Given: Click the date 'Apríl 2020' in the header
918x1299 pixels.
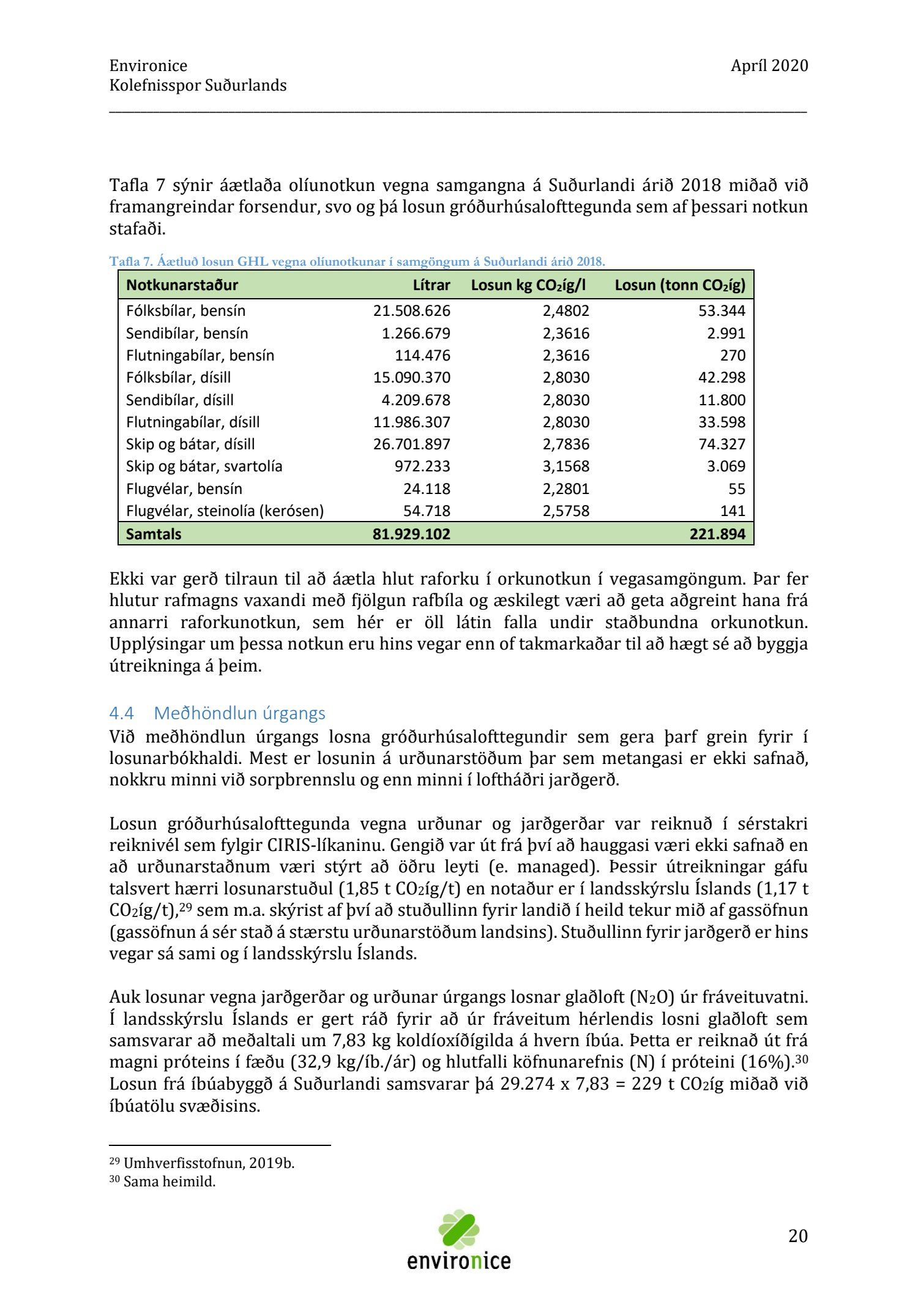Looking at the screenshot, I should tap(769, 66).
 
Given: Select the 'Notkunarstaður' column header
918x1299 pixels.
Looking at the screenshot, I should tap(182, 285).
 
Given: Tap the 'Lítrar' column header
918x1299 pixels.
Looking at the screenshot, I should tap(431, 285).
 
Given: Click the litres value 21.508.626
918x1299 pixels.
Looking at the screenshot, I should tap(411, 310).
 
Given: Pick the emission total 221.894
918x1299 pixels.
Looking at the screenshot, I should tap(717, 534).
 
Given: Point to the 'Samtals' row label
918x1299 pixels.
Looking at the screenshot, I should tap(154, 534).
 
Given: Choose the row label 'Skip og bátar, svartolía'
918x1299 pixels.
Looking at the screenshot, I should tap(204, 466).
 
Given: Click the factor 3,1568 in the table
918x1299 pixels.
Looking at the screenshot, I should tap(565, 466).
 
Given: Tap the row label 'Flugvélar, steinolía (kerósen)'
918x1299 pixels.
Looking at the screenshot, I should tap(225, 511).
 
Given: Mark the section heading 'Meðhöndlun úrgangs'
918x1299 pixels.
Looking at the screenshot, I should tap(239, 713).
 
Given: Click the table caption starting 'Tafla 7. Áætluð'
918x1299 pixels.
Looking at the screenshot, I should tap(357, 261).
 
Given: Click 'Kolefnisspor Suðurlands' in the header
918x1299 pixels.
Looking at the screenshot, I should tap(198, 85).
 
